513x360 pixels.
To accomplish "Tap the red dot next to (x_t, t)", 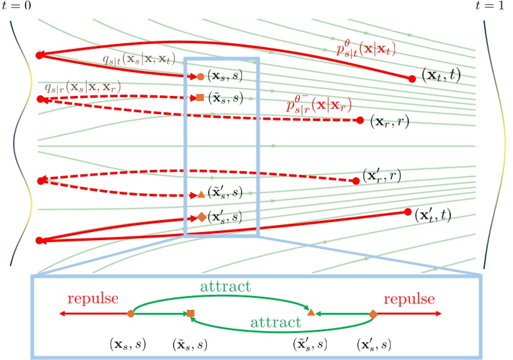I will coord(412,78).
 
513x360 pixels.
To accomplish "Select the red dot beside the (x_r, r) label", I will coord(360,120).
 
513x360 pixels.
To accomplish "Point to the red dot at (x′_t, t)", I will coord(408,212).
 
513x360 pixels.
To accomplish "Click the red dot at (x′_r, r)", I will coord(356,181).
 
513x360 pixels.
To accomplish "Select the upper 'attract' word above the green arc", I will coord(226,287).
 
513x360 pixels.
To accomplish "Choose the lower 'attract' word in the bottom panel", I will coord(275,324).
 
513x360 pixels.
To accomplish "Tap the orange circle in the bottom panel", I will coord(130,313).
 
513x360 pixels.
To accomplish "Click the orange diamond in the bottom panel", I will coord(373,313).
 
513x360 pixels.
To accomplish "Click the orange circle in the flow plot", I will coord(200,77).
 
